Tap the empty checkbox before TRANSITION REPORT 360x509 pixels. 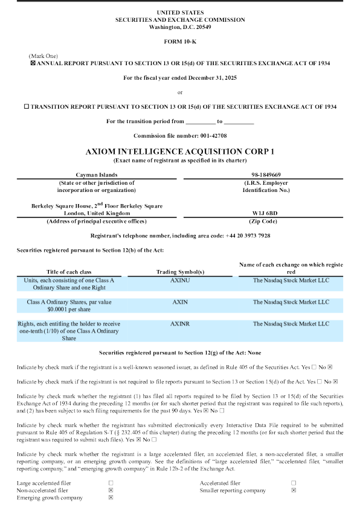click(x=26, y=106)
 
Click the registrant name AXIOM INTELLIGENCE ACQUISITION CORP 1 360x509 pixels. click(x=179, y=150)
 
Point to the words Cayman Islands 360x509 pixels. click(x=96, y=174)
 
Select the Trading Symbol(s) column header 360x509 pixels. click(x=180, y=272)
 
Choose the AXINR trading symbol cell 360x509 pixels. click(x=180, y=324)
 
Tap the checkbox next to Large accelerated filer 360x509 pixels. click(x=111, y=483)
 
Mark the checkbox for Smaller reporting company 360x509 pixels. click(x=294, y=490)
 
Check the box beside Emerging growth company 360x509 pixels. click(x=111, y=498)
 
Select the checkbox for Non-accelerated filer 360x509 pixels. click(x=111, y=490)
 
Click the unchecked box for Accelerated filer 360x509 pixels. click(x=294, y=483)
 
